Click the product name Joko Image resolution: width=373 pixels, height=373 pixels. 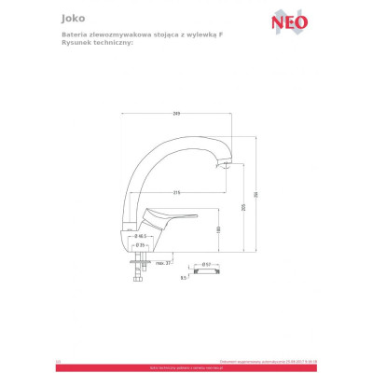coord(70,16)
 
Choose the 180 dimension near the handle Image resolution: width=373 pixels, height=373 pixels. coord(217,229)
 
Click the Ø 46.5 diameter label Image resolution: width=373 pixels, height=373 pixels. coord(138,237)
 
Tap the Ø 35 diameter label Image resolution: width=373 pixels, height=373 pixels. coord(138,244)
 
